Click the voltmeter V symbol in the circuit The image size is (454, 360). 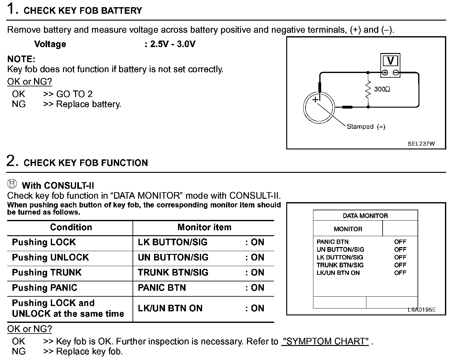click(390, 61)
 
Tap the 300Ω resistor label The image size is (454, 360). click(382, 89)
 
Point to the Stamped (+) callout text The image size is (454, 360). click(366, 127)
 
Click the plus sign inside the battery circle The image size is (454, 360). click(316, 100)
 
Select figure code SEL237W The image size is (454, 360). click(421, 144)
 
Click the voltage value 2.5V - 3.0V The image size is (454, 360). click(172, 44)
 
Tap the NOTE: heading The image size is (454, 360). click(21, 59)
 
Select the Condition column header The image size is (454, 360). click(71, 227)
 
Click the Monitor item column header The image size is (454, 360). click(204, 227)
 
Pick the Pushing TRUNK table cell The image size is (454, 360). click(47, 272)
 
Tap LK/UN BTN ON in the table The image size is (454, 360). click(170, 308)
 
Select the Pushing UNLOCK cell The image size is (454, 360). click(50, 257)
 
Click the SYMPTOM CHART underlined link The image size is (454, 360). click(326, 341)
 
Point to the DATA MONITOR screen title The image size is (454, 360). click(365, 216)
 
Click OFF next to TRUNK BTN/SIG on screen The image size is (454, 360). click(400, 265)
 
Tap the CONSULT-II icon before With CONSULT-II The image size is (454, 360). click(12, 184)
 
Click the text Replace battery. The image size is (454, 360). click(89, 104)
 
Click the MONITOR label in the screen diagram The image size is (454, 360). click(348, 229)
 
